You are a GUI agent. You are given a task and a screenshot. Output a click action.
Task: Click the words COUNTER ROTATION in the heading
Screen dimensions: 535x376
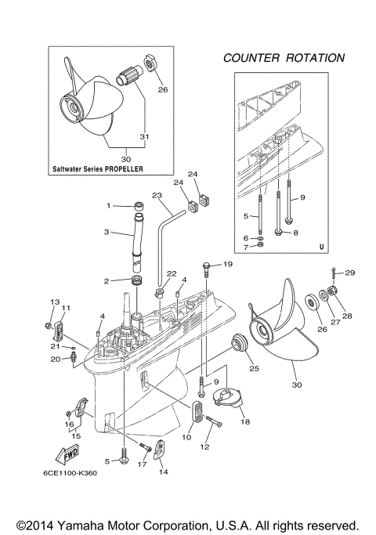click(284, 58)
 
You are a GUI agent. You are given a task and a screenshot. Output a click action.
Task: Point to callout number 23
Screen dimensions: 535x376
click(157, 196)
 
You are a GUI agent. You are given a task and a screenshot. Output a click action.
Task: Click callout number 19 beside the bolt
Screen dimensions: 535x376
click(228, 265)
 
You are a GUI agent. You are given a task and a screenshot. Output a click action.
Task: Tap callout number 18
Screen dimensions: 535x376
click(245, 421)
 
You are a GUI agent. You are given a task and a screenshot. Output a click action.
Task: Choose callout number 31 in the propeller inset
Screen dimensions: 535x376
click(143, 138)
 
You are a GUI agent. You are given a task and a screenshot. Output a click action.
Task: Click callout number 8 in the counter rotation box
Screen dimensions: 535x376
click(296, 233)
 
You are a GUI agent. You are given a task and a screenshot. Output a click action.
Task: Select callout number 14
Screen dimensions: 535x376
click(164, 472)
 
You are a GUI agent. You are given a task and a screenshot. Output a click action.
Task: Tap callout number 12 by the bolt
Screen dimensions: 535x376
click(206, 447)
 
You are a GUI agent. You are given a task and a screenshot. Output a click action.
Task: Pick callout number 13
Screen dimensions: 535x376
click(55, 302)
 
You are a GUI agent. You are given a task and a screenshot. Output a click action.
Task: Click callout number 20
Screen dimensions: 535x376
click(55, 360)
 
